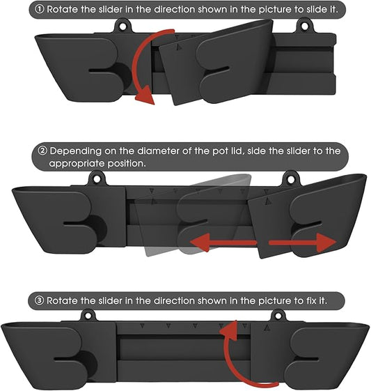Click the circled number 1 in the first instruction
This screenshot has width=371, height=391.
40,10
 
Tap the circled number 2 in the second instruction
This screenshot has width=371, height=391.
43,151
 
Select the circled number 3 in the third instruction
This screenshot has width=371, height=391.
39,300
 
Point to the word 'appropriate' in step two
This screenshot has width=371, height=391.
77,164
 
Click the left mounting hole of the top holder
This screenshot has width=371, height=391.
123,26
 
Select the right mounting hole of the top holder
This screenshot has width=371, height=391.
304,26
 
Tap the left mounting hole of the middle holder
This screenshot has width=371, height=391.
97,179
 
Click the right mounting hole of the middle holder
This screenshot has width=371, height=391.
290,179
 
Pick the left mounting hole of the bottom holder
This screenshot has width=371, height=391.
88,316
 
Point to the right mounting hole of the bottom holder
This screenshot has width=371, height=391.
278,316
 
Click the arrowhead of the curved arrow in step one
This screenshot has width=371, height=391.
145,95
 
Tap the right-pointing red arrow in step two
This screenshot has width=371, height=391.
303,243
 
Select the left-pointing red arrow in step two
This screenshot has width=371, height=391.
223,243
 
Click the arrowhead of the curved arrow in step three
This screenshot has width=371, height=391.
229,330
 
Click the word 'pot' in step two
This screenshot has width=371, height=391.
219,151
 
